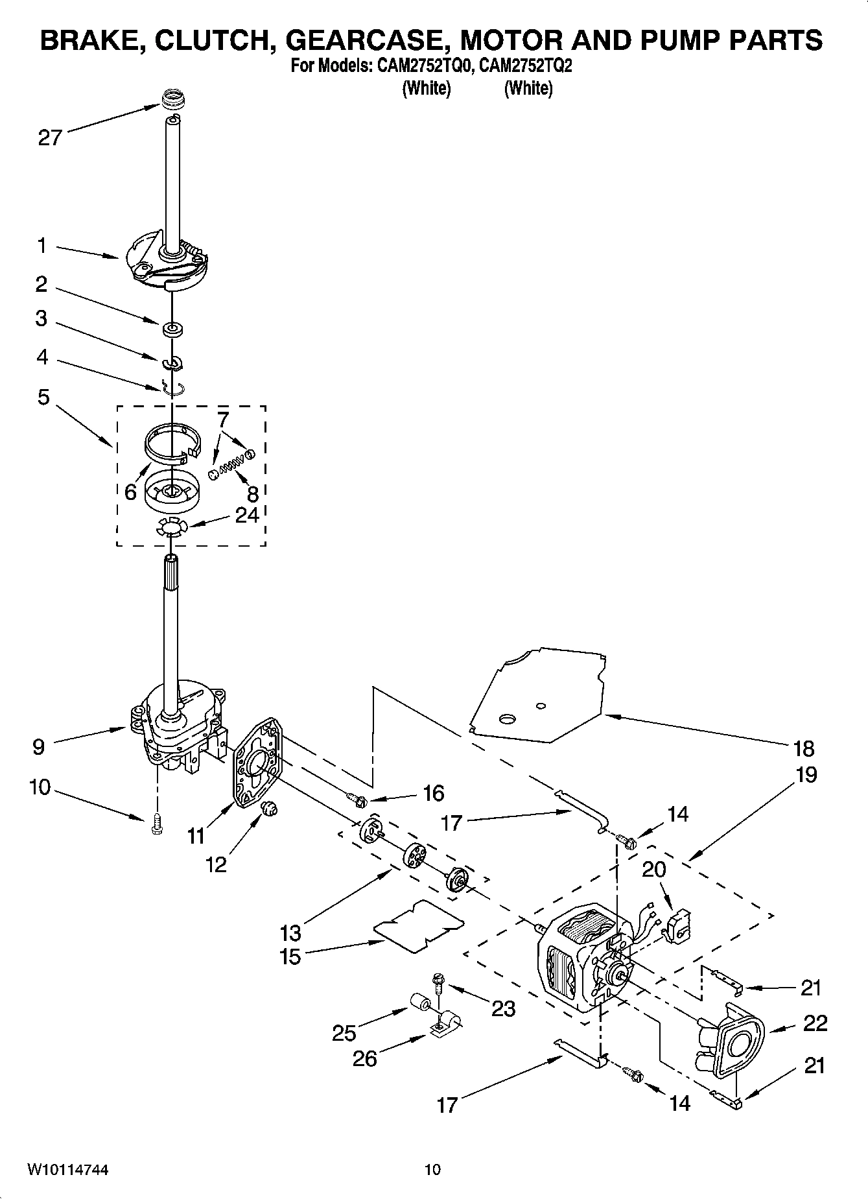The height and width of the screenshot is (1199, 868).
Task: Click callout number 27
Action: click(49, 137)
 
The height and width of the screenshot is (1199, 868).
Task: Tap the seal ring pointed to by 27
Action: click(172, 101)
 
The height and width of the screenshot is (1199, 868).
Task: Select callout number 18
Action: click(803, 748)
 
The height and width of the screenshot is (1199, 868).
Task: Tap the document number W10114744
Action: click(67, 1169)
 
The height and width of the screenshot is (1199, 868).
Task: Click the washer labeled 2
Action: click(172, 329)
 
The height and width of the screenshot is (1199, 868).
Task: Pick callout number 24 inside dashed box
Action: click(247, 516)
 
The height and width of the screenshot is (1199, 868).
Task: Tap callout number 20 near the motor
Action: click(653, 869)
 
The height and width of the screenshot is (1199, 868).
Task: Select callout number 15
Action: click(290, 956)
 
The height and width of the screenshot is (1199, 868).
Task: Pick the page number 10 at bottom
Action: click(432, 1169)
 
